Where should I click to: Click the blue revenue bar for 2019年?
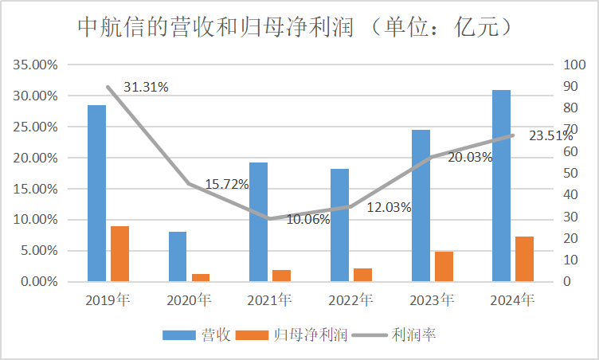click(x=96, y=193)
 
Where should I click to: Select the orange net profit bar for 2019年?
click(x=120, y=253)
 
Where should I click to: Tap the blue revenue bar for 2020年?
click(x=178, y=256)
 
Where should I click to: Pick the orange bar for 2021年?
click(x=282, y=275)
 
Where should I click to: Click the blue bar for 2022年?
click(x=339, y=225)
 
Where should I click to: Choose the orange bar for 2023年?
click(x=444, y=266)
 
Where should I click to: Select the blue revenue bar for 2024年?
click(x=501, y=185)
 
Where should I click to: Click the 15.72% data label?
click(x=227, y=184)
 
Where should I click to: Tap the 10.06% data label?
click(x=307, y=220)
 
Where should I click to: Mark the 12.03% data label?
click(x=389, y=208)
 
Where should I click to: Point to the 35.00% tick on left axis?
click(x=37, y=65)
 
